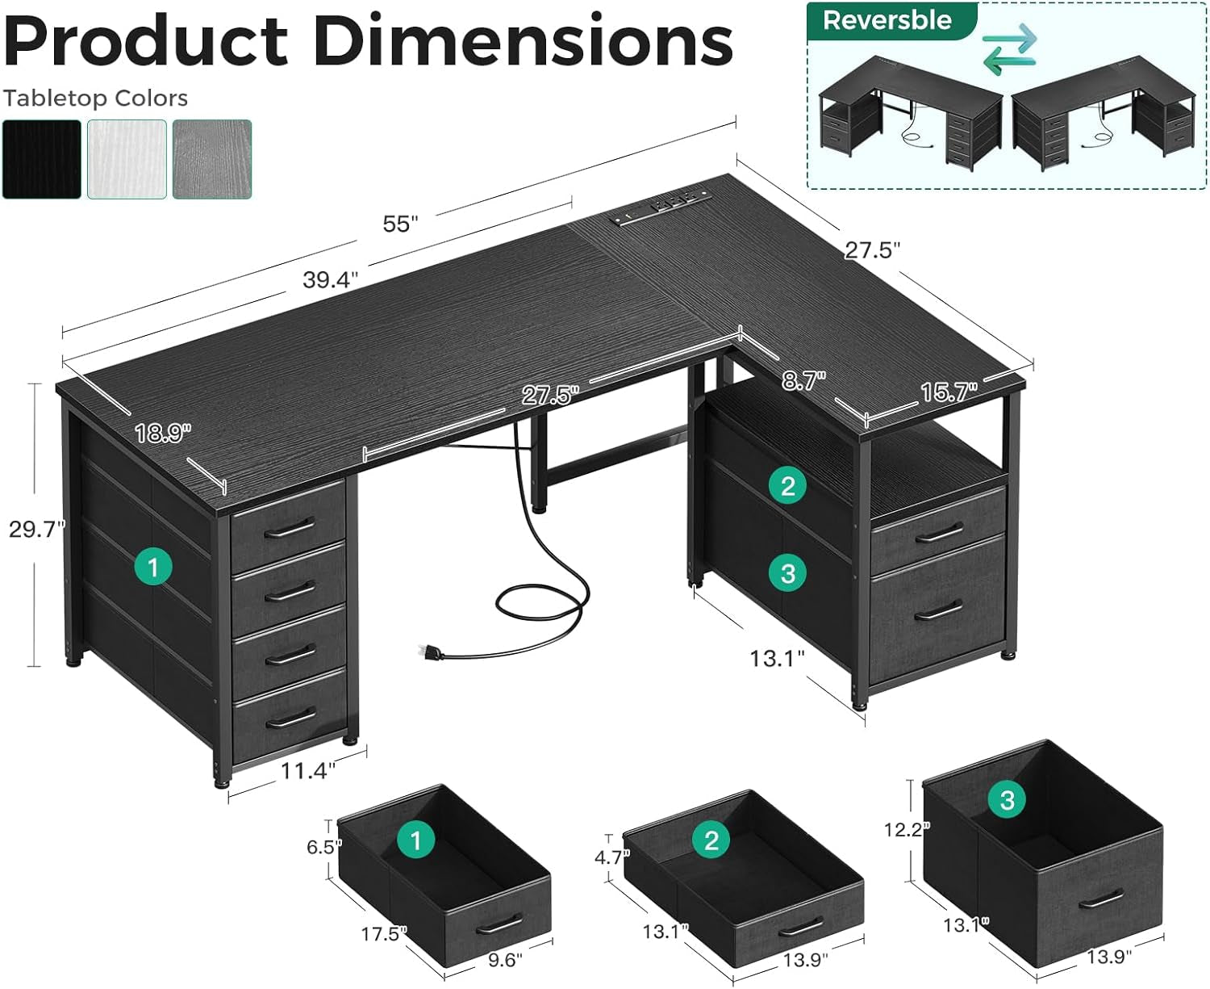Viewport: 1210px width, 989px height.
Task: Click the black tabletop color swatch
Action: click(x=42, y=159)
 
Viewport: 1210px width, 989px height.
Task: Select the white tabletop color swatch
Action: click(x=127, y=159)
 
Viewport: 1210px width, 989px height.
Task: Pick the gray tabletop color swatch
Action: click(x=212, y=159)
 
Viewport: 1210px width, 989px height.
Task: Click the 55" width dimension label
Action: click(x=401, y=224)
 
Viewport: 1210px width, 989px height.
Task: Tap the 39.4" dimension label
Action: click(x=330, y=279)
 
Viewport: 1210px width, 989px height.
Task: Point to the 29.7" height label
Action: click(x=36, y=529)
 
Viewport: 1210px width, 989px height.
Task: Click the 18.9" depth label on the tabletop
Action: click(x=163, y=434)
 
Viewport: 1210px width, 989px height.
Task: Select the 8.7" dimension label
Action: click(x=803, y=380)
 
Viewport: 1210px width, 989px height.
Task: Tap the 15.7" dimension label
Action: click(x=949, y=392)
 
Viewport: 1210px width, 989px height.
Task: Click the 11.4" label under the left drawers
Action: click(x=307, y=770)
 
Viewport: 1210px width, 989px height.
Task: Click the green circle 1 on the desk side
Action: click(x=153, y=567)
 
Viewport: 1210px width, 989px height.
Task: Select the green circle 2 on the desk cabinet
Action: click(x=788, y=485)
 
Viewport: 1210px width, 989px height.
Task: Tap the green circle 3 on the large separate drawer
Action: click(x=1007, y=800)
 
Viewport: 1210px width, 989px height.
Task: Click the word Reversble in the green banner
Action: click(x=887, y=20)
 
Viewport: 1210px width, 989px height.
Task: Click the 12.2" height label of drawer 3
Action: click(x=907, y=829)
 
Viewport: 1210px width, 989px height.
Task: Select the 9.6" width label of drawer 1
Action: click(x=505, y=959)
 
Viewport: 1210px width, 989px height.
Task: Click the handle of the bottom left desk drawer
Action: click(x=290, y=718)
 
